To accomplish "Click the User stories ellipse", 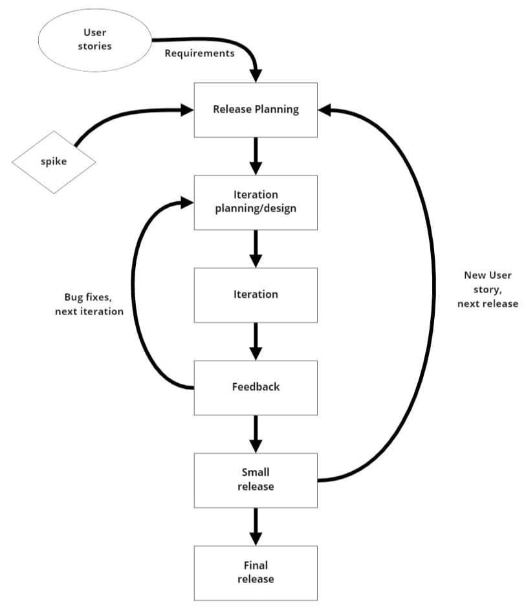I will click(94, 39).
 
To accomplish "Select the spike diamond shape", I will click(54, 162).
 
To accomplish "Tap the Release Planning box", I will click(256, 109).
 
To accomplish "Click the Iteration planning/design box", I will click(256, 202).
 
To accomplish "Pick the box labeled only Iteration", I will click(256, 294).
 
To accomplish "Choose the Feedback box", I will click(256, 387).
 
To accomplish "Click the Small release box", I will click(256, 480).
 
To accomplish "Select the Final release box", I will click(256, 572).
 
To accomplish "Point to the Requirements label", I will click(199, 53).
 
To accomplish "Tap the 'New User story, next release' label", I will click(487, 289).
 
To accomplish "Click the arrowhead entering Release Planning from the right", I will click(325, 110).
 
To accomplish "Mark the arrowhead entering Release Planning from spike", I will click(187, 110).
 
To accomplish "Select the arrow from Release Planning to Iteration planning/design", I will click(256, 156).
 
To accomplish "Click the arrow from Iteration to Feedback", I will click(256, 341).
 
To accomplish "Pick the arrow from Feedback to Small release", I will click(256, 434).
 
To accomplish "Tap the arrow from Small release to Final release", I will click(256, 526).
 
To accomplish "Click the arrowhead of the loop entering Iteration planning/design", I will click(187, 203).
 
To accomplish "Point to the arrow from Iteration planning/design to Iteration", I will click(256, 249).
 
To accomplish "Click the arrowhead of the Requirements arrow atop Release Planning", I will click(256, 75).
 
